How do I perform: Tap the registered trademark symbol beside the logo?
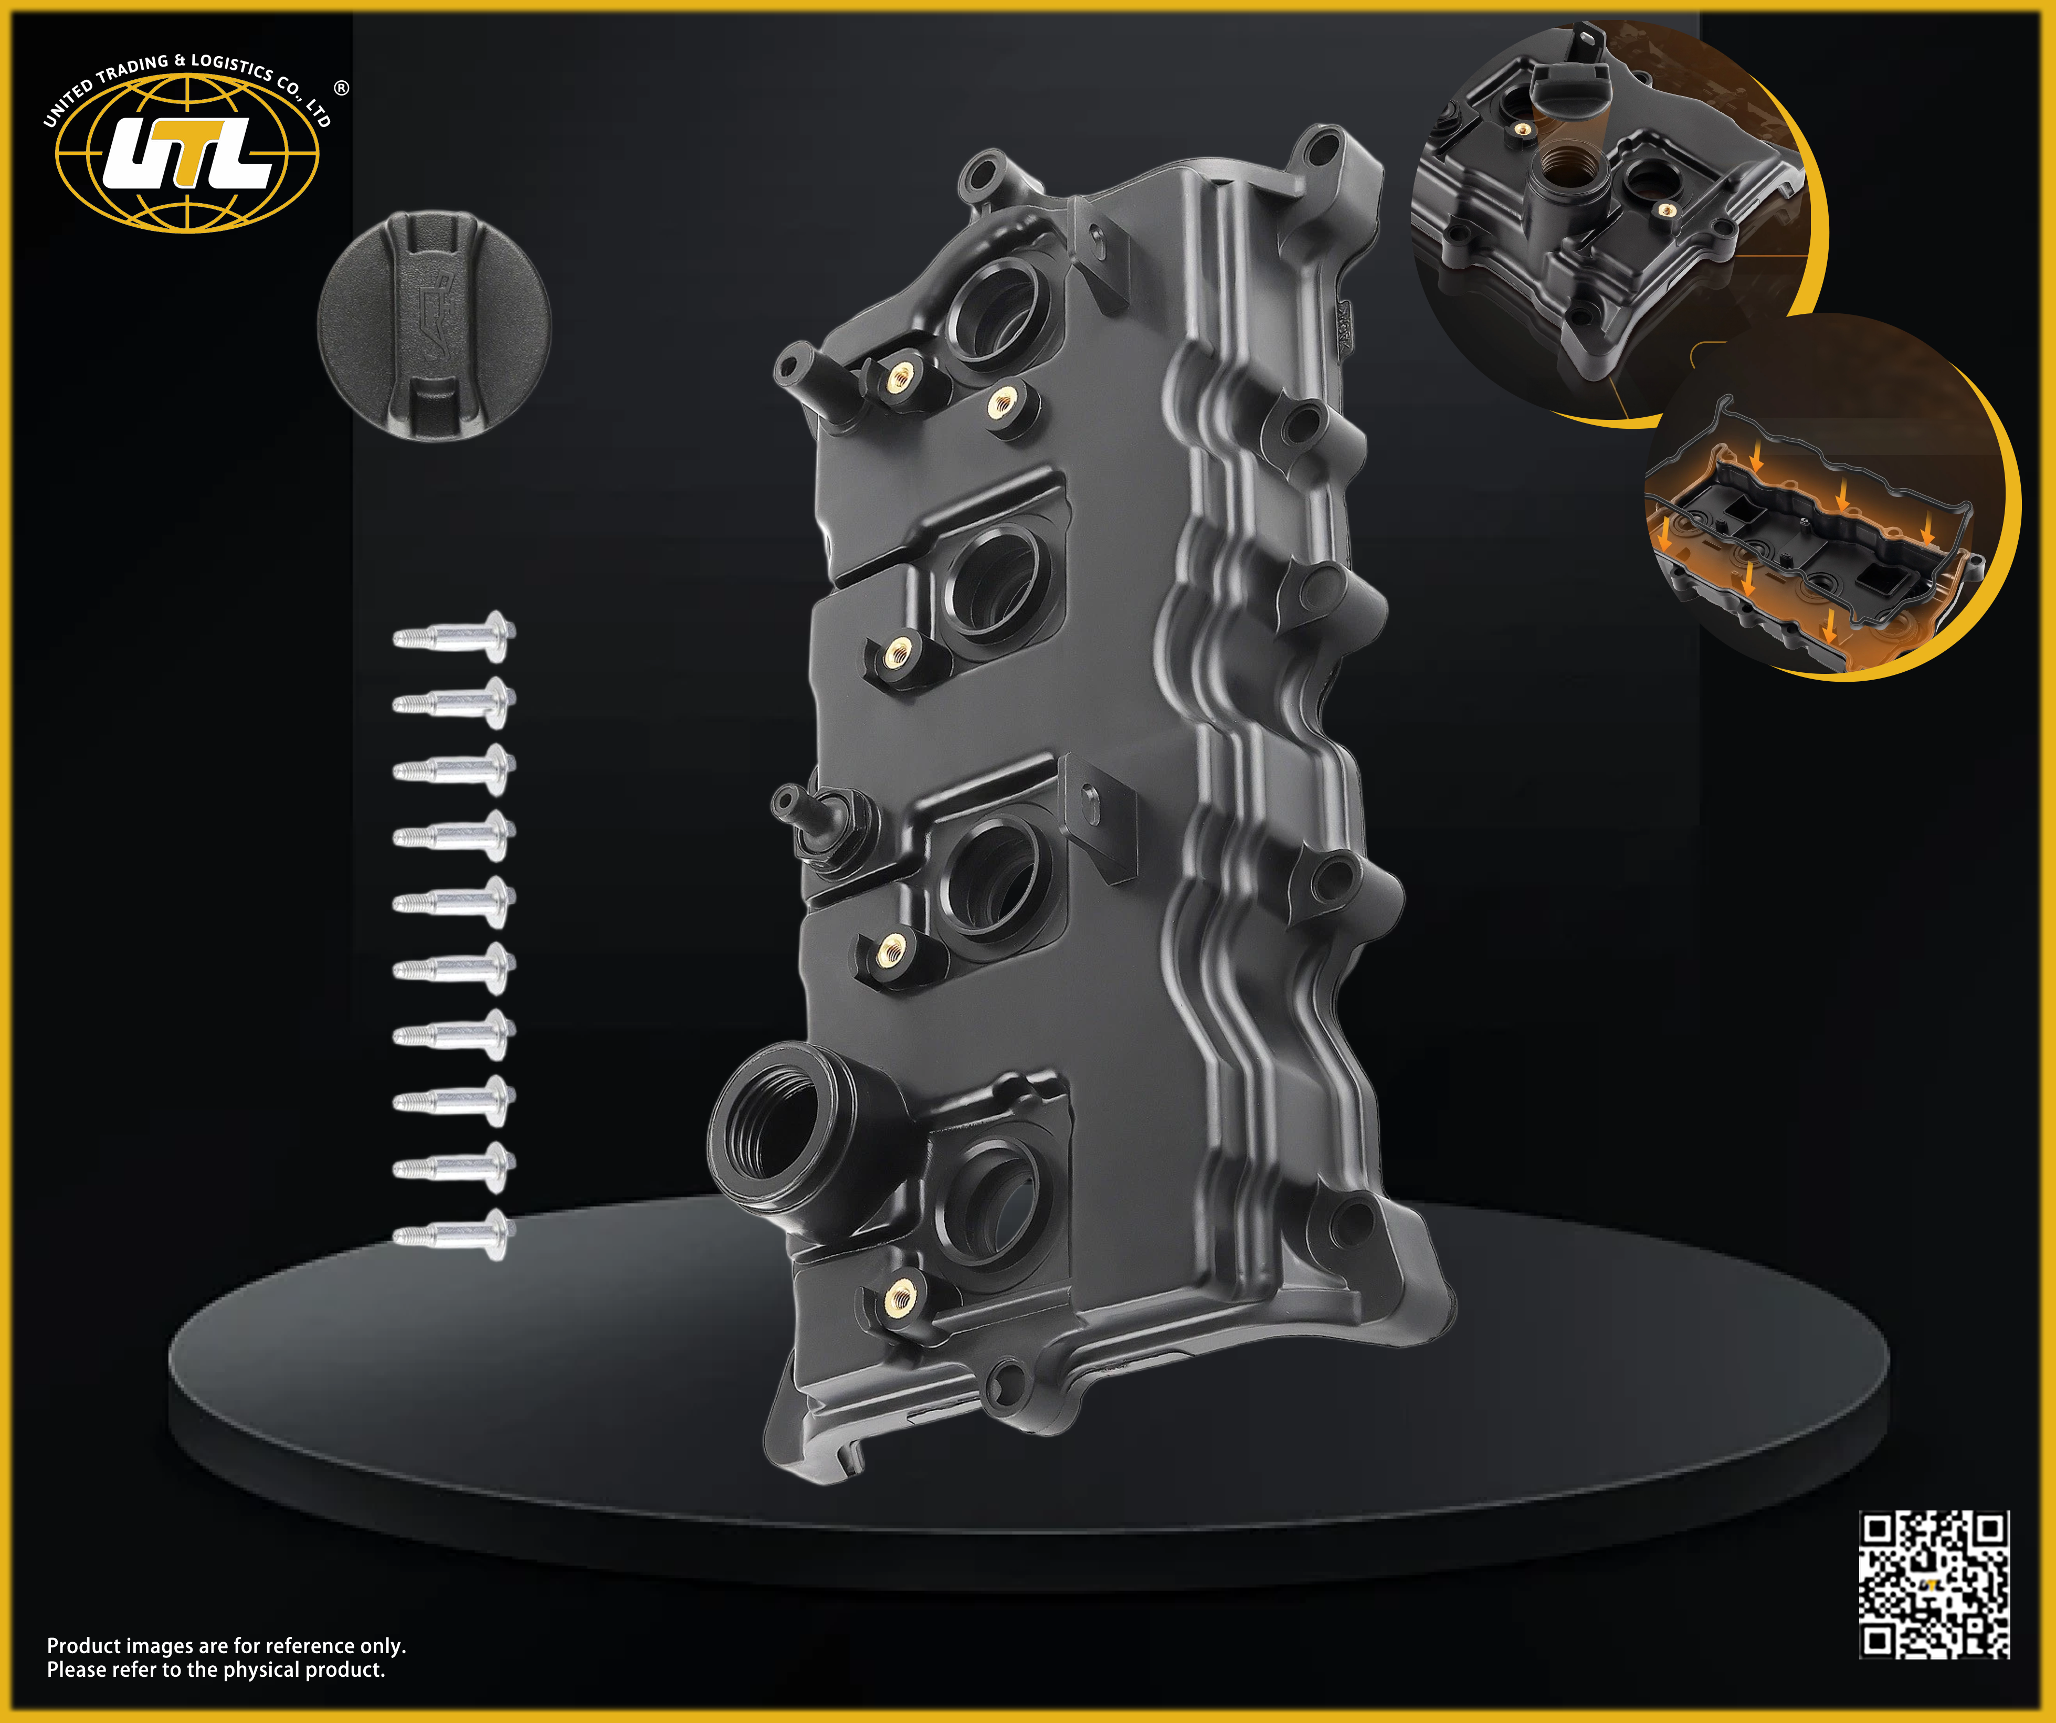[341, 88]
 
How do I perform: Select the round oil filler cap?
[435, 325]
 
